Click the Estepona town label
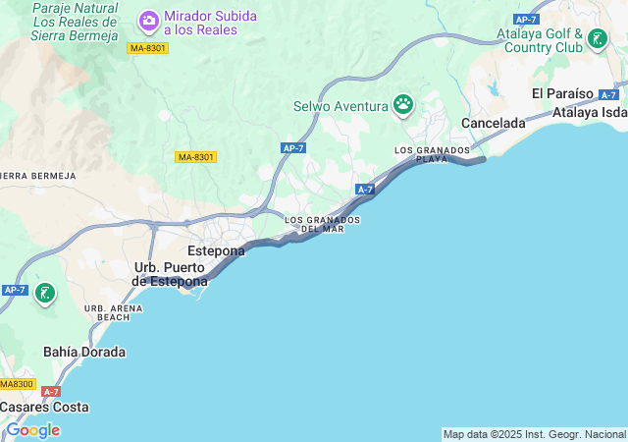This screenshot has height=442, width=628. (216, 250)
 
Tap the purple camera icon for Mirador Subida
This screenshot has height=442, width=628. (149, 20)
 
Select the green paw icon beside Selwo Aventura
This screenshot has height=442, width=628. (402, 103)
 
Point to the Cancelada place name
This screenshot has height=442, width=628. (494, 124)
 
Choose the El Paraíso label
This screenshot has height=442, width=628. (562, 92)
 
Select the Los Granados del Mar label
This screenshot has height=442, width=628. (322, 224)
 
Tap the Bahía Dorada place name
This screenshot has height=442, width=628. (84, 352)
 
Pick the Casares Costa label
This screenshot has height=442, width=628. (44, 407)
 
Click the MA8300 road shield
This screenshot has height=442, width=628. (17, 384)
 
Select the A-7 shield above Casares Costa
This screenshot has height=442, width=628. (52, 392)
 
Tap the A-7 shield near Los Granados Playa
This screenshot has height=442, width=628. (365, 189)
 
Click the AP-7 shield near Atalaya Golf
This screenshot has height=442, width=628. (527, 20)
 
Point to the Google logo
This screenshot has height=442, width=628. (32, 430)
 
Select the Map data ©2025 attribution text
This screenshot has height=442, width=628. (534, 434)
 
